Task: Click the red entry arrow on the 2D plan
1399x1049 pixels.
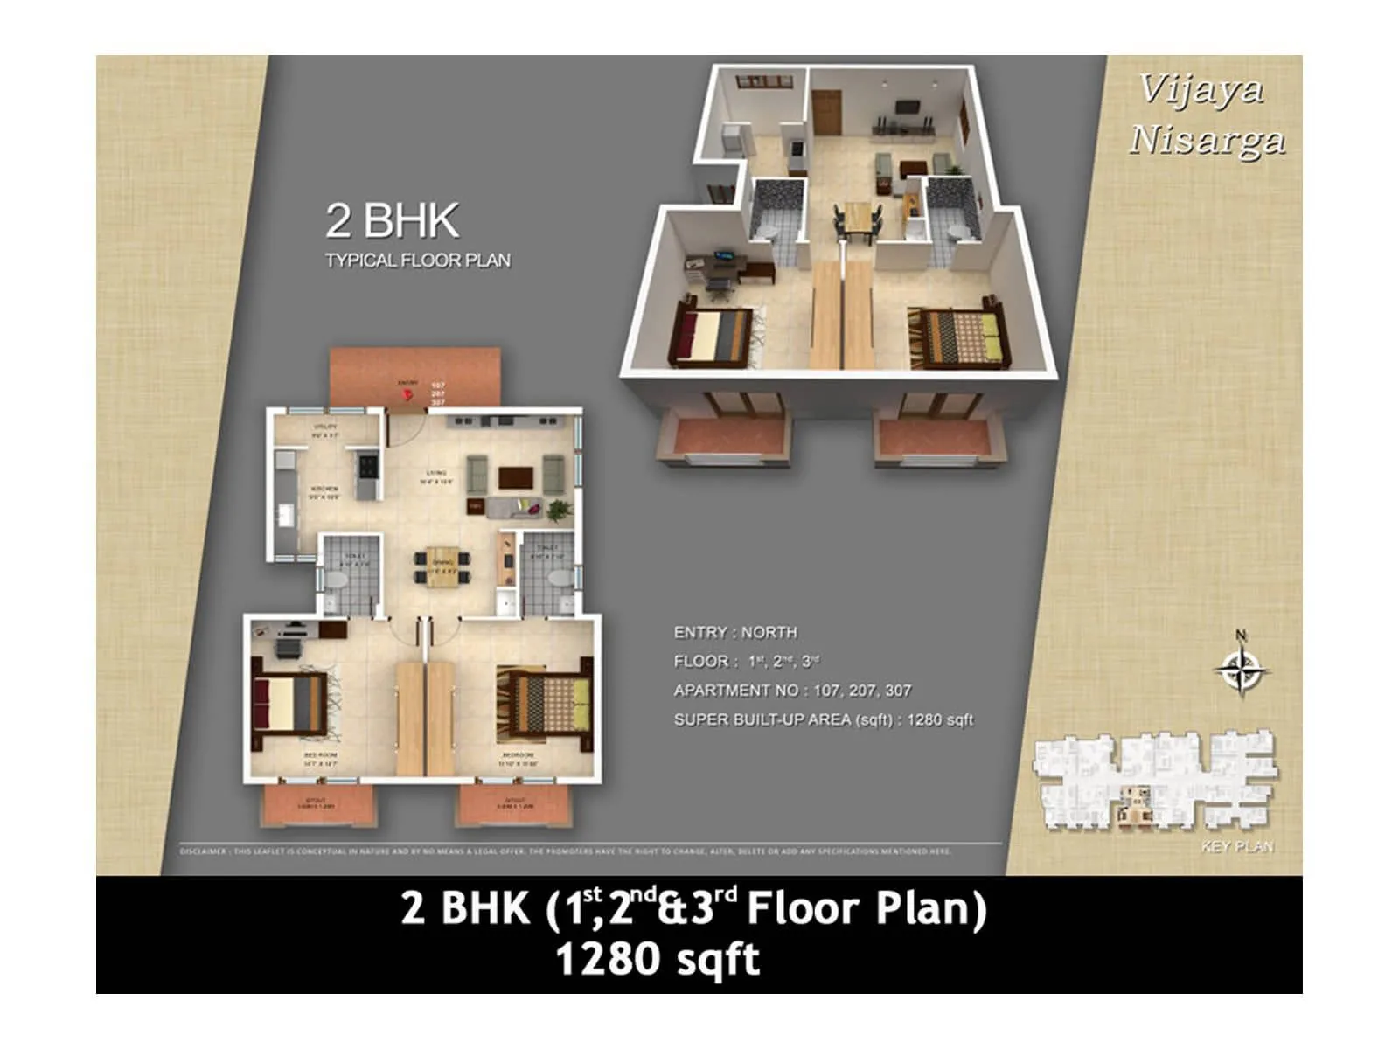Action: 407,395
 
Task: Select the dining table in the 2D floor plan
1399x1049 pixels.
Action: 442,566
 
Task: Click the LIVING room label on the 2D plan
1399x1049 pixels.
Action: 436,476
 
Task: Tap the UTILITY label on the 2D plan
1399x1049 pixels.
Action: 325,430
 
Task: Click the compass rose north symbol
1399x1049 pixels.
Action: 1241,670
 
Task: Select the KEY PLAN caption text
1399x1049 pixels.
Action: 1237,846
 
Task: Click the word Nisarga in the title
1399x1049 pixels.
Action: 1207,140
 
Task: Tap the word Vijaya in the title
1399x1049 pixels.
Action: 1201,89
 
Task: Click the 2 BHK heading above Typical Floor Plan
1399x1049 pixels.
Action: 392,220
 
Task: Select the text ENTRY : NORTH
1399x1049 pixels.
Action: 734,632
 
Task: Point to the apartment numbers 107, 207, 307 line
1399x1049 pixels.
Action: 791,691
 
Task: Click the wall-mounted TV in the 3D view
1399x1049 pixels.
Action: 907,108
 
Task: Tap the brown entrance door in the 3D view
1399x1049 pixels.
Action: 826,113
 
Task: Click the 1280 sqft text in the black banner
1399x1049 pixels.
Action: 658,959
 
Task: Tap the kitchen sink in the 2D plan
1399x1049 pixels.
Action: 285,516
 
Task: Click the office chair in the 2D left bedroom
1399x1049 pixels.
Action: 287,647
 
